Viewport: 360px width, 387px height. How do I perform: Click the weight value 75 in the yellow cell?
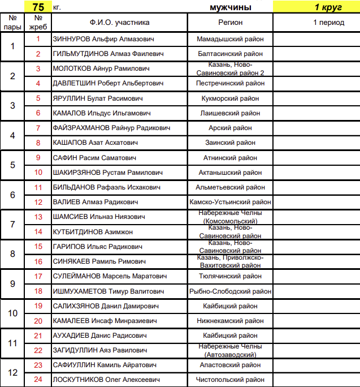pyautogui.click(x=38, y=7)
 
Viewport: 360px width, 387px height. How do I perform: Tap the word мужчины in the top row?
pyautogui.click(x=230, y=7)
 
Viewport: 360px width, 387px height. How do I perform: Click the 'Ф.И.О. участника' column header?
pyautogui.click(x=119, y=23)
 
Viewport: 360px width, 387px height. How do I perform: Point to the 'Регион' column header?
pyautogui.click(x=230, y=23)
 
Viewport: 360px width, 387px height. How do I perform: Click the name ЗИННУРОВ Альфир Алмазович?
pyautogui.click(x=103, y=39)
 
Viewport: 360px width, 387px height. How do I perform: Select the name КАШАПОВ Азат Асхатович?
pyautogui.click(x=93, y=143)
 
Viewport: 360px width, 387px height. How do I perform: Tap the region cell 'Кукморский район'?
pyautogui.click(x=230, y=98)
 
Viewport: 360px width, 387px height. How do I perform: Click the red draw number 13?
pyautogui.click(x=38, y=217)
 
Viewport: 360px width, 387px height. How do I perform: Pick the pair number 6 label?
pyautogui.click(x=12, y=195)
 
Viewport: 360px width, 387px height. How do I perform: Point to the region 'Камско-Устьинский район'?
pyautogui.click(x=230, y=202)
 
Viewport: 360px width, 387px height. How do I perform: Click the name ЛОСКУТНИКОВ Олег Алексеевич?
pyautogui.click(x=106, y=380)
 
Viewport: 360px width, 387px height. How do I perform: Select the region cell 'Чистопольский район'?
pyautogui.click(x=230, y=380)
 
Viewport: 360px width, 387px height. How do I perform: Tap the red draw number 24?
pyautogui.click(x=38, y=380)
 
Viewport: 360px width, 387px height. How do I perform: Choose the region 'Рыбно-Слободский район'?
pyautogui.click(x=230, y=291)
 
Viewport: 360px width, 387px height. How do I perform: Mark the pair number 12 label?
pyautogui.click(x=12, y=372)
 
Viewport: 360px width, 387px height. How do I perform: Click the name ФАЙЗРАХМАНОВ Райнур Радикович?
pyautogui.click(x=111, y=128)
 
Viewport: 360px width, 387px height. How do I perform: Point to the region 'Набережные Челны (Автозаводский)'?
pyautogui.click(x=230, y=350)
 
